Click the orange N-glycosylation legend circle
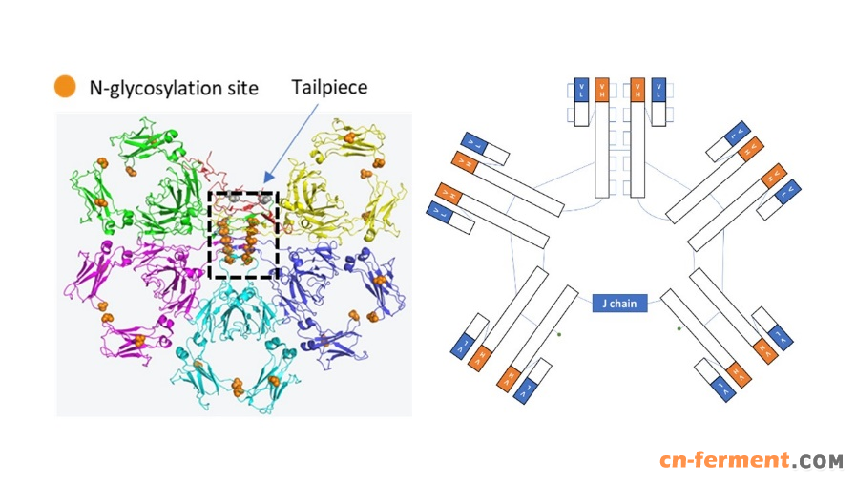click(x=65, y=87)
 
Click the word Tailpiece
click(x=329, y=87)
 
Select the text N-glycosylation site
click(x=173, y=88)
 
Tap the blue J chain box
click(x=620, y=304)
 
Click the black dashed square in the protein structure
click(x=243, y=235)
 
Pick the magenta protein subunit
click(x=124, y=286)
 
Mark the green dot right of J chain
click(x=679, y=328)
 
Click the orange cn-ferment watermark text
click(x=724, y=461)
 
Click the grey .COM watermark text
click(x=818, y=461)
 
